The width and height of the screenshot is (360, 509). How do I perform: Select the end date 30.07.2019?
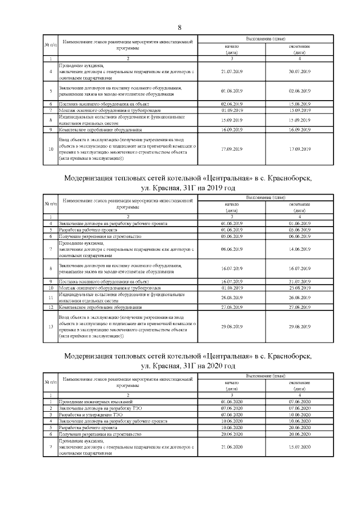(x=299, y=71)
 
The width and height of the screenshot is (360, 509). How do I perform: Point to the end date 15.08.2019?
(x=299, y=104)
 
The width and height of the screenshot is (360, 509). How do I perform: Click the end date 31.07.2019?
(x=299, y=281)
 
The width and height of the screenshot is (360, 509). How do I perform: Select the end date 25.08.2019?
(x=299, y=287)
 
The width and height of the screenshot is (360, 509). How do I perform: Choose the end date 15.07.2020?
(x=299, y=447)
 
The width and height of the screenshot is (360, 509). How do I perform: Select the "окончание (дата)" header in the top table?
(x=299, y=49)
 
